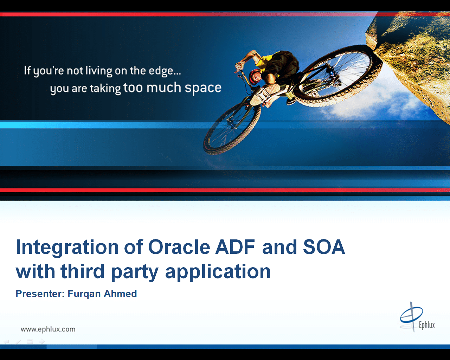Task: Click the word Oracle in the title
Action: click(x=179, y=247)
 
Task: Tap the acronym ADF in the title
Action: click(x=235, y=247)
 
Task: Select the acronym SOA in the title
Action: click(x=324, y=247)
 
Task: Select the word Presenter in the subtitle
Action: click(x=40, y=294)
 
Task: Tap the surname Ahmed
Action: click(x=120, y=294)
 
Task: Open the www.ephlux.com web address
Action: click(x=48, y=329)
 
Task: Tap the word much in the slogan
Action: click(x=163, y=87)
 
